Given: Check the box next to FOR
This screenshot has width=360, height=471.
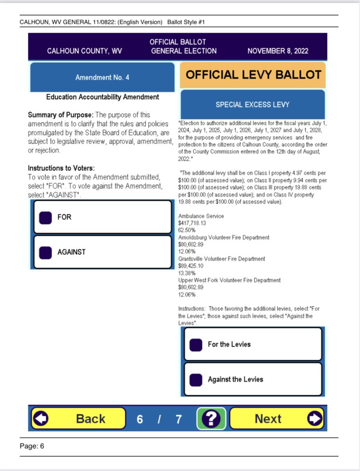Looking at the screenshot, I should click(45, 217).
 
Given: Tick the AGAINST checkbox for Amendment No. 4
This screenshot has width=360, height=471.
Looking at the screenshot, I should click(45, 253).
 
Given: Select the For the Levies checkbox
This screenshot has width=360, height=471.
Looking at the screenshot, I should click(196, 345).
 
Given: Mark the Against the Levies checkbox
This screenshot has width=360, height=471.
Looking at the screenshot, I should click(196, 379).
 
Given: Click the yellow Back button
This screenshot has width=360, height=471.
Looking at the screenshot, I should click(78, 419).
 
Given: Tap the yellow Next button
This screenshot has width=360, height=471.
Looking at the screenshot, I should click(277, 419).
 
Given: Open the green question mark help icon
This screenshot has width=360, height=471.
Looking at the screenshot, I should click(211, 419).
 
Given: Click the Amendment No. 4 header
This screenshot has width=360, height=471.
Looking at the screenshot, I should click(102, 77).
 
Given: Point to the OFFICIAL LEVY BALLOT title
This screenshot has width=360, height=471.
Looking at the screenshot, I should click(253, 75).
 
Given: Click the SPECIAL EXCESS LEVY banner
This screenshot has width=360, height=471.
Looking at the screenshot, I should click(253, 104).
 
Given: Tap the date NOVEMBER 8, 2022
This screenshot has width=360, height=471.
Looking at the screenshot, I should click(278, 51).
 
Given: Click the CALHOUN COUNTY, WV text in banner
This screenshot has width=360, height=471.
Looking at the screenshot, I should click(84, 51).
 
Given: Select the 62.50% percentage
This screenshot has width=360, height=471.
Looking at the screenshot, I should click(187, 230).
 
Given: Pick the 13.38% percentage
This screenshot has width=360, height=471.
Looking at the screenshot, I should click(187, 273).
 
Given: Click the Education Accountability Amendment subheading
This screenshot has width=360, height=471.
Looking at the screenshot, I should click(103, 97).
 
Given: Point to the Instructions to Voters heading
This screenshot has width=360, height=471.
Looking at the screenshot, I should click(61, 168).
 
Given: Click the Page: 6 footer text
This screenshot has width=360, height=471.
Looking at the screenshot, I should click(32, 446).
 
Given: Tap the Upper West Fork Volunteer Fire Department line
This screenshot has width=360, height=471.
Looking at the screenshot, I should click(229, 280).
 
